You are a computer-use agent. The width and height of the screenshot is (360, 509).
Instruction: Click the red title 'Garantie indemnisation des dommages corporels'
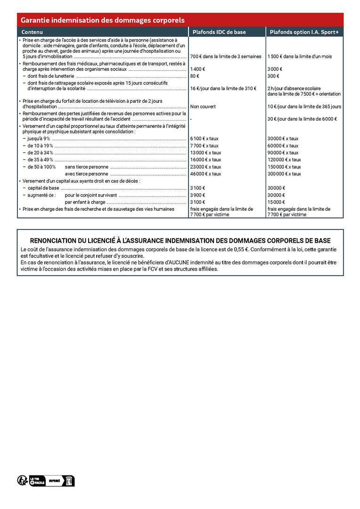pos(102,20)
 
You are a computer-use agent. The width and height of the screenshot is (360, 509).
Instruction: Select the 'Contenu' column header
pos(33,32)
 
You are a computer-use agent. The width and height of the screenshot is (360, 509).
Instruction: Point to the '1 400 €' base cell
pos(197,69)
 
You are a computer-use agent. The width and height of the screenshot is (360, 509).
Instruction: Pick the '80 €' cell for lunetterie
pos(195,76)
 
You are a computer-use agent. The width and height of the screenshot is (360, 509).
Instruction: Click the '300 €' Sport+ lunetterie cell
pos(273,76)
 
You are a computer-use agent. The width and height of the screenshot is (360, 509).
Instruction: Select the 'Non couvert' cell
pos(203,107)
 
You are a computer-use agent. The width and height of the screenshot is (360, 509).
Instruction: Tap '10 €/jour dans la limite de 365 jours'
pos(304,107)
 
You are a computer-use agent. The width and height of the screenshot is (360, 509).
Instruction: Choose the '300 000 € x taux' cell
pos(284,174)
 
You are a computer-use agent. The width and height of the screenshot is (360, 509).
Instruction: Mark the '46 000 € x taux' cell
pos(205,174)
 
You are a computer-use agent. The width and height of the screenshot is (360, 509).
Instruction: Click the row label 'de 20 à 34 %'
pos(40,153)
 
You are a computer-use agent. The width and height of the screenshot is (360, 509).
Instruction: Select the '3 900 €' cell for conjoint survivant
pos(197,195)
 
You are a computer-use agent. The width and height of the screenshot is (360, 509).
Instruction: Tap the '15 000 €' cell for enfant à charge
pos(276,202)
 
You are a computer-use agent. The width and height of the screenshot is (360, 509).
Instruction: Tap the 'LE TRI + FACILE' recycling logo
pos(37,480)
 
